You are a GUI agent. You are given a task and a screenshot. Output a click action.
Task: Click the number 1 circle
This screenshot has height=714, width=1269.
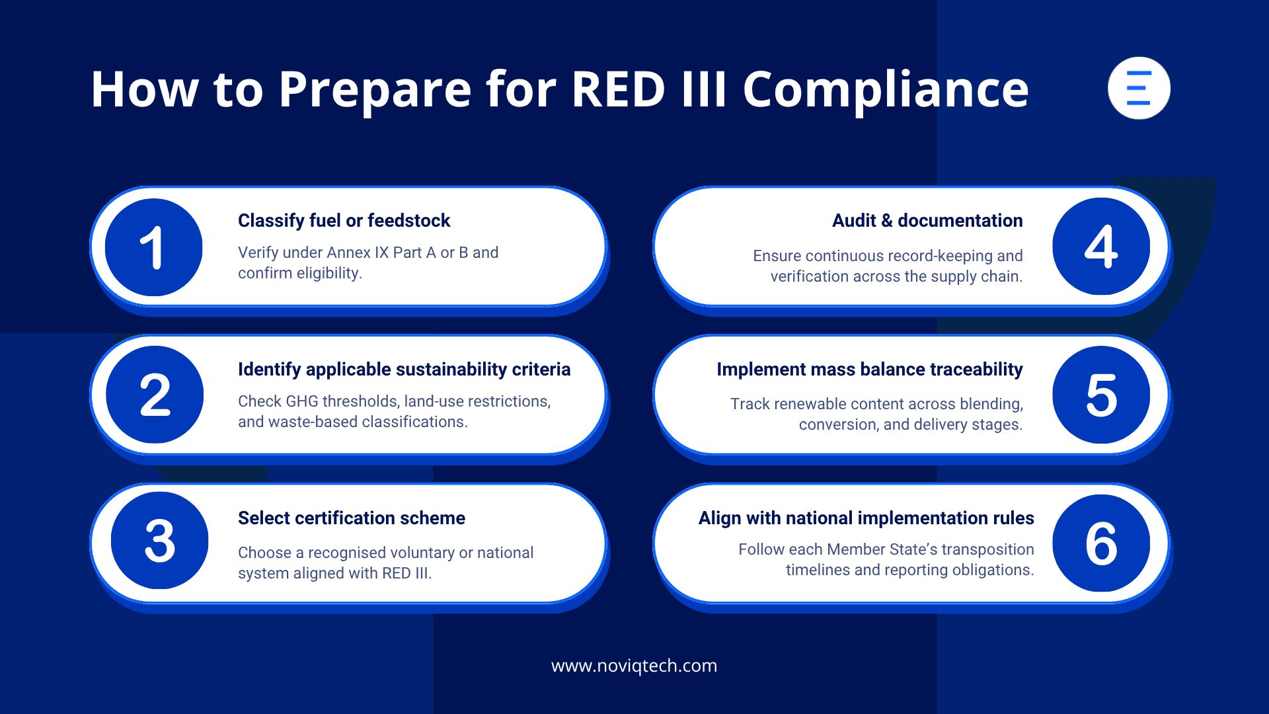click(x=153, y=247)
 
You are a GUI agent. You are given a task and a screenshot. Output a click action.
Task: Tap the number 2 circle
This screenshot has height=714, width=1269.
click(x=155, y=395)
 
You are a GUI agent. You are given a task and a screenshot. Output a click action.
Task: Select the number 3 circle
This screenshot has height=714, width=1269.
click(x=159, y=541)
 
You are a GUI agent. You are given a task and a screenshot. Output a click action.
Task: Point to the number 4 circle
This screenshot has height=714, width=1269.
click(x=1101, y=247)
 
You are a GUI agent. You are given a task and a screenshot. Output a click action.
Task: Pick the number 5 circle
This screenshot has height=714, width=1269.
click(x=1101, y=395)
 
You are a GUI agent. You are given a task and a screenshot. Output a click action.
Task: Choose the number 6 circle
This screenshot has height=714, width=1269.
click(x=1101, y=543)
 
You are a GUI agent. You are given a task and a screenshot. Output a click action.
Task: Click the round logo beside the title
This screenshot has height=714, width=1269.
click(x=1139, y=88)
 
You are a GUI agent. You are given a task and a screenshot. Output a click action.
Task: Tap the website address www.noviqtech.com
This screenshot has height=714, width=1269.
click(x=634, y=666)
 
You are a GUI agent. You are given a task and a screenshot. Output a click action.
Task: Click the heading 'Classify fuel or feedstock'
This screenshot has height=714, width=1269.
click(x=344, y=221)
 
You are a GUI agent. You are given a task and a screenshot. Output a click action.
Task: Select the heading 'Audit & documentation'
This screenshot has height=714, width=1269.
click(x=927, y=221)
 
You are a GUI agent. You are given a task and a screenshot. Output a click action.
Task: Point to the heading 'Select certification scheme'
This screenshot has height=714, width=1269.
click(x=351, y=518)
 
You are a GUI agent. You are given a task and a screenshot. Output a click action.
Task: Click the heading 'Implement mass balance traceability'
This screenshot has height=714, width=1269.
click(x=869, y=370)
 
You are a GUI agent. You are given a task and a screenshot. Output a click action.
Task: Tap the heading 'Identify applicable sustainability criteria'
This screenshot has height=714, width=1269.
click(x=404, y=370)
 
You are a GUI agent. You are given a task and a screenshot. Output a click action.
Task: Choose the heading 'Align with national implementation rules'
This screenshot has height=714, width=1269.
click(x=866, y=518)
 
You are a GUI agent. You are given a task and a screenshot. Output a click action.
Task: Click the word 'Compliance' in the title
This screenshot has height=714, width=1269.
click(x=886, y=90)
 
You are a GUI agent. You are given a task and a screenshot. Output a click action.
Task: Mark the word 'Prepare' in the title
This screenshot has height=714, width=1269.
click(x=375, y=90)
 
